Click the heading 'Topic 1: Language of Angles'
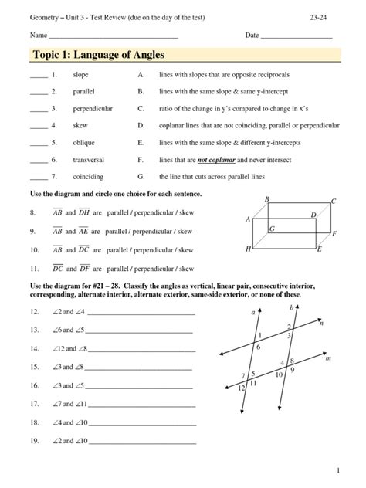(99, 55)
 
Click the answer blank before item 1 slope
(39, 76)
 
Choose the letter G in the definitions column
(141, 176)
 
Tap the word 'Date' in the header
(252, 36)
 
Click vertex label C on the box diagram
(333, 202)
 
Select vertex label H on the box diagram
(248, 249)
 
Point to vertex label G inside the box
(273, 229)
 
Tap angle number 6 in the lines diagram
(258, 348)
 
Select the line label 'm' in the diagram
(328, 359)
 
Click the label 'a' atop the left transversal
(252, 313)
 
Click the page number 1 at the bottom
(338, 470)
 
